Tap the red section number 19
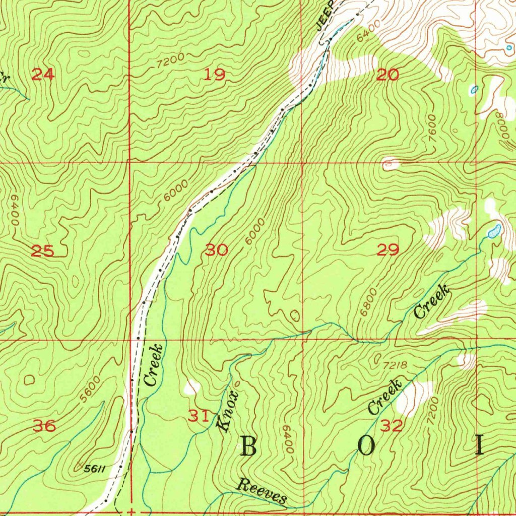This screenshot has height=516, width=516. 215,75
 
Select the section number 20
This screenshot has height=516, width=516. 388,75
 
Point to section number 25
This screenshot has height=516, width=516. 43,250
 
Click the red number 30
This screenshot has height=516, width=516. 217,249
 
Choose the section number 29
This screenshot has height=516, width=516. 388,249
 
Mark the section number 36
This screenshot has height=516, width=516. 44,426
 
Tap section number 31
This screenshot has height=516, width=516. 199,416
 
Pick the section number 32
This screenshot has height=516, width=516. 392,426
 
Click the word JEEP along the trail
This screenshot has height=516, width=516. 326,15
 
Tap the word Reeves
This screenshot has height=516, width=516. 262,491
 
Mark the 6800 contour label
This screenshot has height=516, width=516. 368,302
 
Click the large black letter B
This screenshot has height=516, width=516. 248,445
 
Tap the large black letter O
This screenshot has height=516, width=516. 366,445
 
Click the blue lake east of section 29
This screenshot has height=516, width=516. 494,231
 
